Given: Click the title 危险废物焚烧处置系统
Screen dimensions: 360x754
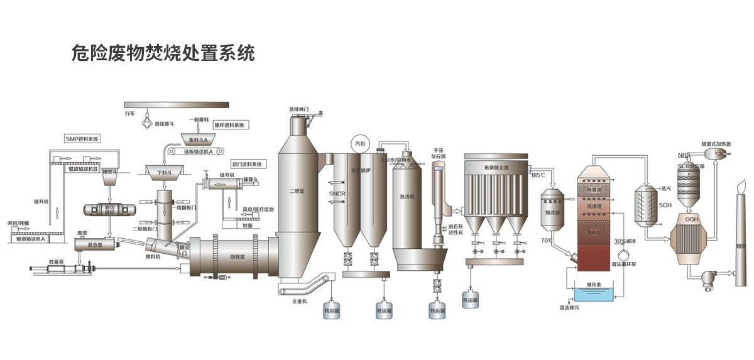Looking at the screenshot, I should pos(164,54).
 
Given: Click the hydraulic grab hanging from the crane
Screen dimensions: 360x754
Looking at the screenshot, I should pos(146,119).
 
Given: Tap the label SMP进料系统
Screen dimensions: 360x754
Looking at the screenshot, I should pos(82,138).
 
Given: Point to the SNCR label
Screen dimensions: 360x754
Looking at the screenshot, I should pos(337,195).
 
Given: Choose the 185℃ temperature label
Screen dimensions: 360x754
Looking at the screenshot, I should pos(538,175).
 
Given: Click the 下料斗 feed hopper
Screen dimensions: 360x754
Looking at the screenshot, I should pos(164,170).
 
